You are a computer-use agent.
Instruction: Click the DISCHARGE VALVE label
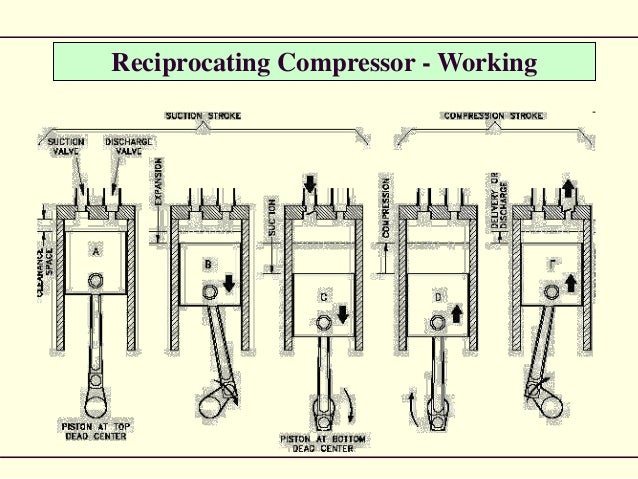[x=128, y=146]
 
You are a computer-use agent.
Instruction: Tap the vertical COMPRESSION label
[x=386, y=211]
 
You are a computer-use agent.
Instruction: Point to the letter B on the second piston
[x=208, y=266]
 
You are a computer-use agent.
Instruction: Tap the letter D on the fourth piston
[x=437, y=297]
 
